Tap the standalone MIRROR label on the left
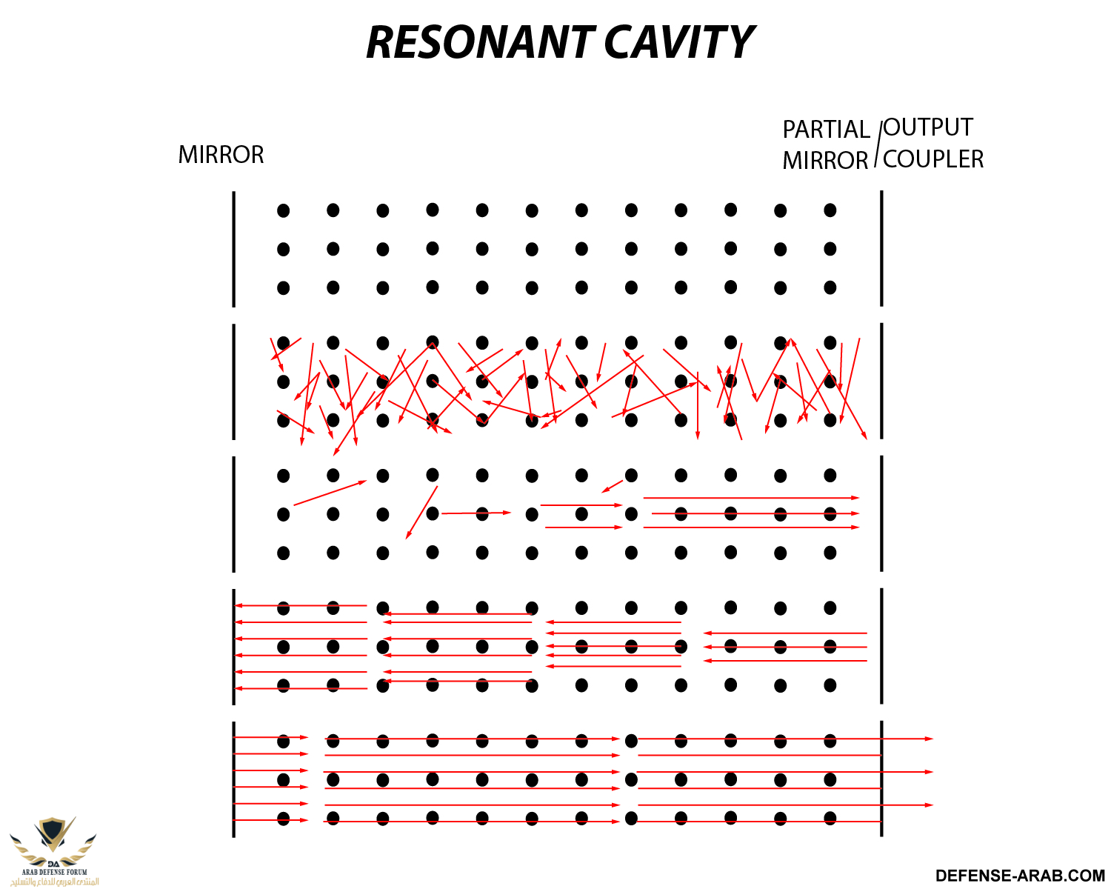[221, 155]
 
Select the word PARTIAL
[826, 130]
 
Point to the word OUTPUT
[928, 127]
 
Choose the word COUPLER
[933, 159]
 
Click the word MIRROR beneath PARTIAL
[825, 161]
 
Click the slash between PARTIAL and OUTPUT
[878, 144]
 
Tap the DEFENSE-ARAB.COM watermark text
[1020, 876]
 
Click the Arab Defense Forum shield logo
[53, 837]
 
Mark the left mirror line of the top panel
[234, 249]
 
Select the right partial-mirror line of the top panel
[881, 248]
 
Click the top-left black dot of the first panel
[284, 210]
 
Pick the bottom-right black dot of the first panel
[830, 287]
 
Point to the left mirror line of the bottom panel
[234, 779]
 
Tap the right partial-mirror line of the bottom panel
[881, 779]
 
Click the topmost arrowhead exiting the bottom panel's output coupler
[929, 739]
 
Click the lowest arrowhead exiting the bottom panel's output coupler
[929, 805]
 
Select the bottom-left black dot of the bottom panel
[284, 819]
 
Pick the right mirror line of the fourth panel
[881, 646]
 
